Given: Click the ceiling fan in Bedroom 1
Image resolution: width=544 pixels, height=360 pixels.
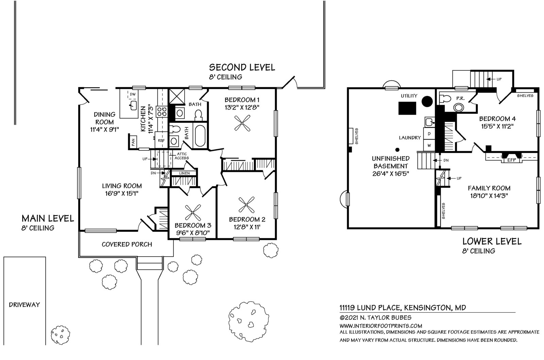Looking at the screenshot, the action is [x=242, y=123].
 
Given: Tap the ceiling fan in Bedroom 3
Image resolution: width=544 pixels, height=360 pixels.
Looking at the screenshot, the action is [x=193, y=212].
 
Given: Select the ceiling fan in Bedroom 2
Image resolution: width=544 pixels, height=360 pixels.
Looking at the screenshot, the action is [x=247, y=205].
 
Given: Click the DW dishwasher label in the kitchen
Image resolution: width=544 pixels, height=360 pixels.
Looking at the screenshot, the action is [x=133, y=94].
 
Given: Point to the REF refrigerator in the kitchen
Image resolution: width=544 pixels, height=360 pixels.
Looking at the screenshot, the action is [x=161, y=140].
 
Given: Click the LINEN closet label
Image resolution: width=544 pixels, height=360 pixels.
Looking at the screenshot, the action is [x=184, y=173].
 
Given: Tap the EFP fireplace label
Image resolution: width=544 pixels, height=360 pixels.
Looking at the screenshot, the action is [x=512, y=160].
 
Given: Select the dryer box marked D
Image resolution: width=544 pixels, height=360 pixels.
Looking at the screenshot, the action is [x=429, y=134].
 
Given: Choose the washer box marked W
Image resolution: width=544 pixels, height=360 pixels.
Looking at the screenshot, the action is [x=429, y=145].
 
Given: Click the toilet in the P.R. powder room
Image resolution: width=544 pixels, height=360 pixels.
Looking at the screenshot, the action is [x=445, y=98].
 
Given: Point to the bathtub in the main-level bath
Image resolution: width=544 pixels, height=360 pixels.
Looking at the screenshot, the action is [x=200, y=136].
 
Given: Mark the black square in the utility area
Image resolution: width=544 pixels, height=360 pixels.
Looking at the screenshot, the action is [x=407, y=108].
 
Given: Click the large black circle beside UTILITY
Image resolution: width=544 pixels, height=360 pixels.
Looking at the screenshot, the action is [x=427, y=101].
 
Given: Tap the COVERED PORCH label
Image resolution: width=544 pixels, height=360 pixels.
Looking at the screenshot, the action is [x=127, y=244].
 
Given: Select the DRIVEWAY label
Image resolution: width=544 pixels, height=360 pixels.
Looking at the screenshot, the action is [x=24, y=305].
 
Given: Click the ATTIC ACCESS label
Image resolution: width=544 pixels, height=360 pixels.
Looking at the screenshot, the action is [x=182, y=156].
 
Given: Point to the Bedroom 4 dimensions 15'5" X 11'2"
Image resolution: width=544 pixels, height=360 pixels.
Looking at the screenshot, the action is [x=498, y=126].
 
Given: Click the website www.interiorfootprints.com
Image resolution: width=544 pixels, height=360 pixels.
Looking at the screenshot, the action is [x=381, y=326].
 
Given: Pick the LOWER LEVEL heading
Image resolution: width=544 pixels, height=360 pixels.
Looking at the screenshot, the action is [x=492, y=241].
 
